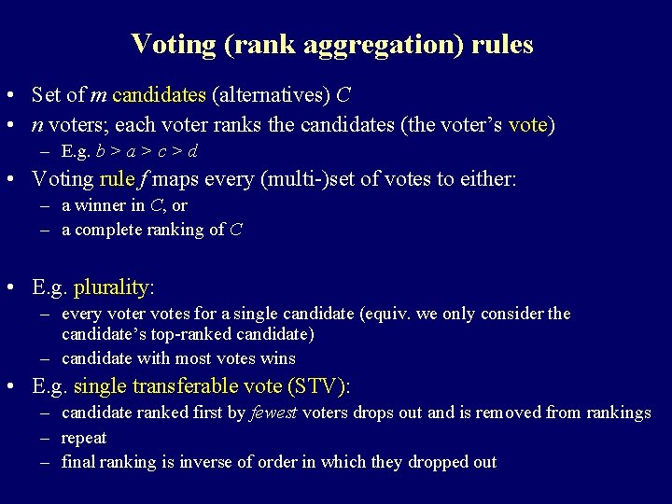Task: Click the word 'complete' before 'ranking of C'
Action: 106,228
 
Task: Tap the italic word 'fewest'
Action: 274,413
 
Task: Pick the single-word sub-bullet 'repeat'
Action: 84,437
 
